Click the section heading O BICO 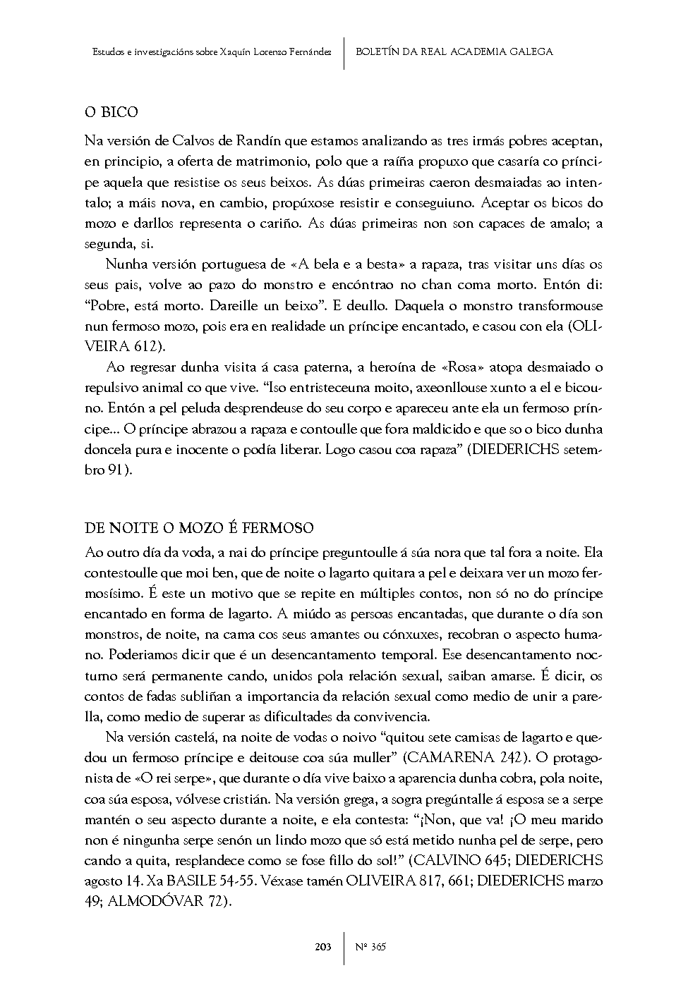click(x=111, y=113)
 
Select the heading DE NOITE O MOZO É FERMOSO click(x=199, y=529)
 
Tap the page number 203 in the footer click(x=323, y=947)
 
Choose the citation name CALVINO click(x=447, y=861)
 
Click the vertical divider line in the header click(x=344, y=52)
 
